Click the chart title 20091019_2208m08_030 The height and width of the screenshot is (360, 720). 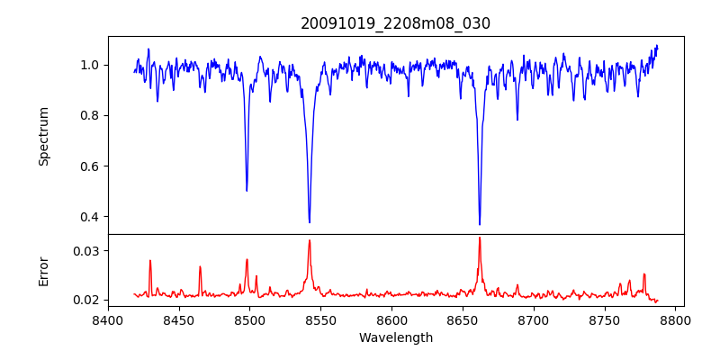pos(395,23)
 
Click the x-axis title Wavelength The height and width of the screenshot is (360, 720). pos(395,338)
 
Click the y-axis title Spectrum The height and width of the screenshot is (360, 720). pos(44,136)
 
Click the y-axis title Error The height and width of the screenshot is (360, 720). pos(44,270)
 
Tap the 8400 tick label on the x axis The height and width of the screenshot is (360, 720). pos(108,319)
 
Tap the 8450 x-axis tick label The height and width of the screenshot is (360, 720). pos(179,319)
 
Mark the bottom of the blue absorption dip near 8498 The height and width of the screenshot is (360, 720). pos(247,191)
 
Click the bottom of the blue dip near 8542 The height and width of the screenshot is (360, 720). pos(310,222)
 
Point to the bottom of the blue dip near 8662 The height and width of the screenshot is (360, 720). pos(480,224)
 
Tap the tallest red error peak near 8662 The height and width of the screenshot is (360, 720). pos(480,238)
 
